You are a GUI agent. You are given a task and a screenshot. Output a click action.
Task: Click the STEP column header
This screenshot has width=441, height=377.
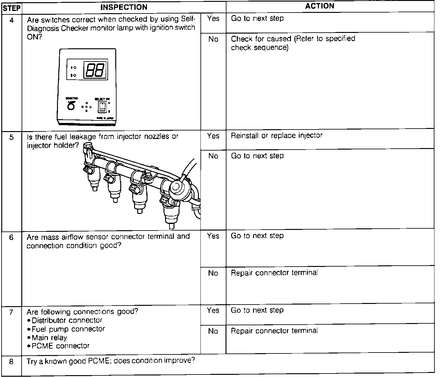click(x=11, y=8)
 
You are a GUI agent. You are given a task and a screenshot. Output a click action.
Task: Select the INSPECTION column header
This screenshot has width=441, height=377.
click(x=124, y=7)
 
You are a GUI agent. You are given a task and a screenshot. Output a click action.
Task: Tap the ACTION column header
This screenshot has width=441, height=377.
click(x=319, y=6)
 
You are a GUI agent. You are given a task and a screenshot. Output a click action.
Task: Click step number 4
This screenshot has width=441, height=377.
click(x=12, y=21)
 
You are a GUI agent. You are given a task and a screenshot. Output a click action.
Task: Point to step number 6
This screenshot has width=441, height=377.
click(x=11, y=237)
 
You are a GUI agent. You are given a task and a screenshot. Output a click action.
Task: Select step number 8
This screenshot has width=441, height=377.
click(x=11, y=362)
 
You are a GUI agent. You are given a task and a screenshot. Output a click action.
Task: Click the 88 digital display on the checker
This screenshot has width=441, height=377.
click(x=95, y=70)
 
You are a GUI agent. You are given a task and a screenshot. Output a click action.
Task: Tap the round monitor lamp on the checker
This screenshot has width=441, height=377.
click(x=71, y=107)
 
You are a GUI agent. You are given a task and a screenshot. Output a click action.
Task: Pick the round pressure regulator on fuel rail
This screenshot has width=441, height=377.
click(x=176, y=188)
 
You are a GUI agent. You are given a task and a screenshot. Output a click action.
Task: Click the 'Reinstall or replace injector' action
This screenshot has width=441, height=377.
click(x=277, y=135)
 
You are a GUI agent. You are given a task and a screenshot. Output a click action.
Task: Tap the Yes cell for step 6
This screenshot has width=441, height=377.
click(x=213, y=236)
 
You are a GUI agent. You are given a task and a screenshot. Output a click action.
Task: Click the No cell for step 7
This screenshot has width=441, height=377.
click(x=213, y=331)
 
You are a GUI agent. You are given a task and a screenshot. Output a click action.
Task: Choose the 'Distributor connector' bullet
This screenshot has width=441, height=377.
click(x=67, y=320)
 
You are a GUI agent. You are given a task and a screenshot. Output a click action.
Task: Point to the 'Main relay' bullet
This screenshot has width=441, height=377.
click(x=49, y=338)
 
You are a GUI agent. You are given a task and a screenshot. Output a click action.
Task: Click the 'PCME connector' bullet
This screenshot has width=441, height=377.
click(x=60, y=346)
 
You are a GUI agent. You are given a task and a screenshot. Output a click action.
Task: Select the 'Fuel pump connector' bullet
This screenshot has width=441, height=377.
click(x=68, y=329)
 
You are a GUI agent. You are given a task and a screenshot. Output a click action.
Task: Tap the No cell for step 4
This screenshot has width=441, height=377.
click(x=213, y=39)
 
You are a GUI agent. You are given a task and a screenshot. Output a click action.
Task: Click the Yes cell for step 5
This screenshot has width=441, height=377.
click(x=213, y=136)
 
